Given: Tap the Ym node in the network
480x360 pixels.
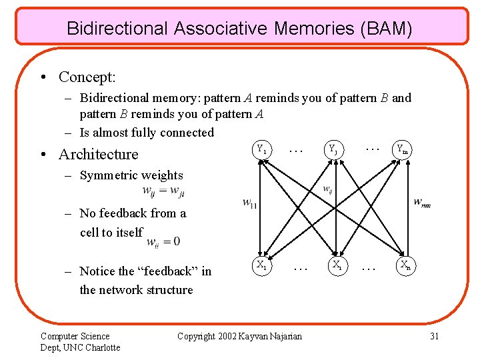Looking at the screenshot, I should (x=402, y=149).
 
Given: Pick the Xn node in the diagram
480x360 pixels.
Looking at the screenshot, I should (x=404, y=265).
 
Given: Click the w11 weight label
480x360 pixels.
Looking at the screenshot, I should (x=249, y=203).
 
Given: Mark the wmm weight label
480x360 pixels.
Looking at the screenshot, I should (x=421, y=202).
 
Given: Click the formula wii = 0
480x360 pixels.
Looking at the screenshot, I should (x=163, y=241).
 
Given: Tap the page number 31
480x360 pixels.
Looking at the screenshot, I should (x=434, y=336).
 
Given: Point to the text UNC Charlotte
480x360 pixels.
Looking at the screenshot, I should (x=91, y=347).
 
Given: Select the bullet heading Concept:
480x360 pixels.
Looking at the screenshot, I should (x=87, y=77).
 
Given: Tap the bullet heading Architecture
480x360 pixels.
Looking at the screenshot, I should (x=98, y=154).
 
